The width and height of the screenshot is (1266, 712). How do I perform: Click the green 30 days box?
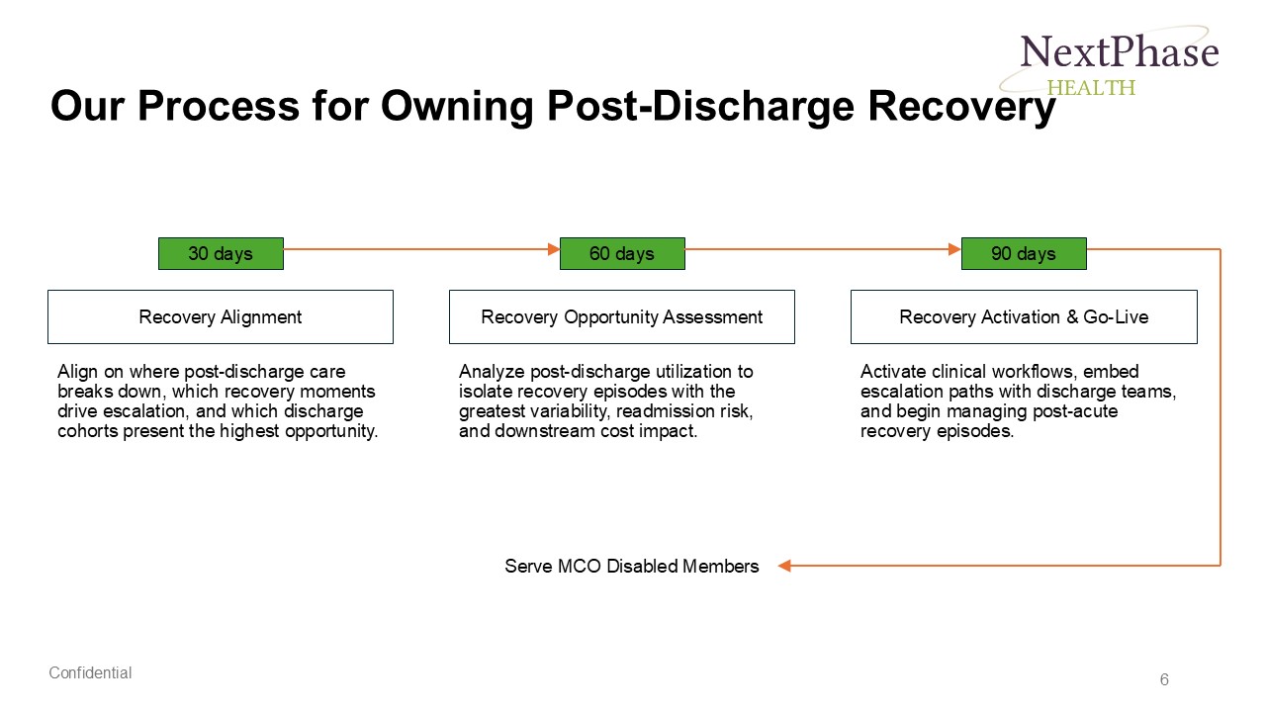pos(221,253)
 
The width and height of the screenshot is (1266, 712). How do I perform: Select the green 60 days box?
pos(622,253)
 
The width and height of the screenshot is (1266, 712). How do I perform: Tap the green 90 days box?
pos(1024,253)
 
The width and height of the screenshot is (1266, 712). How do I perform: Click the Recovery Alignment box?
pos(221,316)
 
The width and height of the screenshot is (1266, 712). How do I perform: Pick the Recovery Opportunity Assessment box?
pos(622,316)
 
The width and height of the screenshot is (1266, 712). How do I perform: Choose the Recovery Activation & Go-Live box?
pos(1024,316)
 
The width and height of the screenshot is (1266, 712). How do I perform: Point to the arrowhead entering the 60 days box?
pos(554,249)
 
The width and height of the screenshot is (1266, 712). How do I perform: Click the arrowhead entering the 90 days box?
pos(955,249)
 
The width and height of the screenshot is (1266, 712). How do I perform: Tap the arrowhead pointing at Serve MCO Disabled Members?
pos(784,566)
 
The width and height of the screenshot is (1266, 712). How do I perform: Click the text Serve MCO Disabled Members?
pos(632,566)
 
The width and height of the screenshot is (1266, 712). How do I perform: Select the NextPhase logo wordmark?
pos(1119,51)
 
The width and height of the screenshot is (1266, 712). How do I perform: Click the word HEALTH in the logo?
pos(1091,87)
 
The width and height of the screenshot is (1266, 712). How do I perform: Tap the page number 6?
pos(1164,679)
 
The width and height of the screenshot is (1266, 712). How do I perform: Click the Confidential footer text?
pos(90,672)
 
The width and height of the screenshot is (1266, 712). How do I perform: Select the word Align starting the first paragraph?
pos(77,372)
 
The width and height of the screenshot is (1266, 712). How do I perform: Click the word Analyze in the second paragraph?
pos(491,372)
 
